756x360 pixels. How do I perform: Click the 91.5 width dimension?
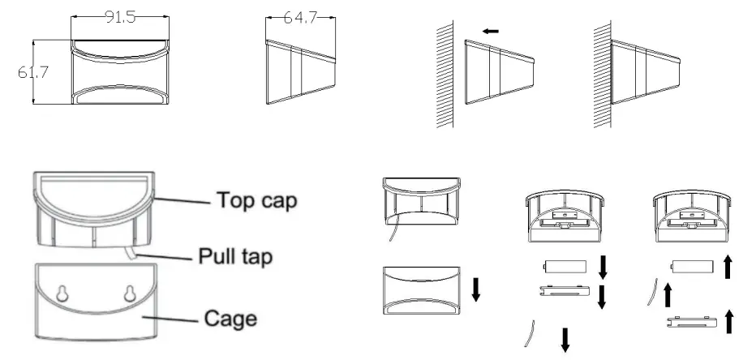click(120, 17)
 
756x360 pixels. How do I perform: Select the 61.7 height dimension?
click(33, 72)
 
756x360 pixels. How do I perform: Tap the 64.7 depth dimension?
click(300, 18)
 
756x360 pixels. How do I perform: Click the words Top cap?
click(256, 200)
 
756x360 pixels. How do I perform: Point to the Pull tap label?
click(235, 256)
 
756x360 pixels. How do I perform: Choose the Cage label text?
click(230, 319)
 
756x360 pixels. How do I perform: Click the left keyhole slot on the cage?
click(62, 293)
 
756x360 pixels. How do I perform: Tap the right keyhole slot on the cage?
click(130, 293)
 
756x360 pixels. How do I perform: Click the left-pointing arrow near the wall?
click(491, 32)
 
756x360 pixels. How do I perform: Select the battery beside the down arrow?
click(565, 267)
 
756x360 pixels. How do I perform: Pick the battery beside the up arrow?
click(693, 267)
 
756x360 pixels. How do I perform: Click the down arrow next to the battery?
click(603, 268)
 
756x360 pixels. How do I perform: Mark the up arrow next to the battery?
click(728, 267)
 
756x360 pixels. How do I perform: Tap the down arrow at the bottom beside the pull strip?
click(565, 340)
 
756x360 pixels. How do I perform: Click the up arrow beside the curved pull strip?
click(668, 295)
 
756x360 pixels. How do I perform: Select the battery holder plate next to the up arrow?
click(692, 321)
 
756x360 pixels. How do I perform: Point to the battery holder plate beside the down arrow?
click(565, 290)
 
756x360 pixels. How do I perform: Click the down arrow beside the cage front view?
click(476, 289)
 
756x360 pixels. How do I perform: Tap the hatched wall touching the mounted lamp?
click(603, 75)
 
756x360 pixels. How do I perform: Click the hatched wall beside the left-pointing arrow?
click(445, 75)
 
